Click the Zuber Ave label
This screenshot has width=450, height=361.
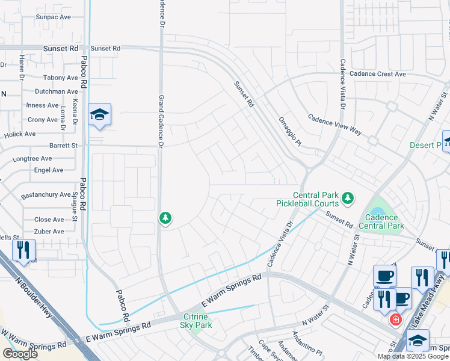click(49, 232)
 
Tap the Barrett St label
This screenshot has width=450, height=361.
click(63, 146)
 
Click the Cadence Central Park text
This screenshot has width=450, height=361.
click(381, 221)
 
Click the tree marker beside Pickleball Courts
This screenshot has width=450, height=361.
click(347, 197)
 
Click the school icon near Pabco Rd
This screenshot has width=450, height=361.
click(99, 114)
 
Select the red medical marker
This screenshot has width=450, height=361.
click(395, 319)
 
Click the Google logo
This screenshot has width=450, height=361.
click(20, 353)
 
